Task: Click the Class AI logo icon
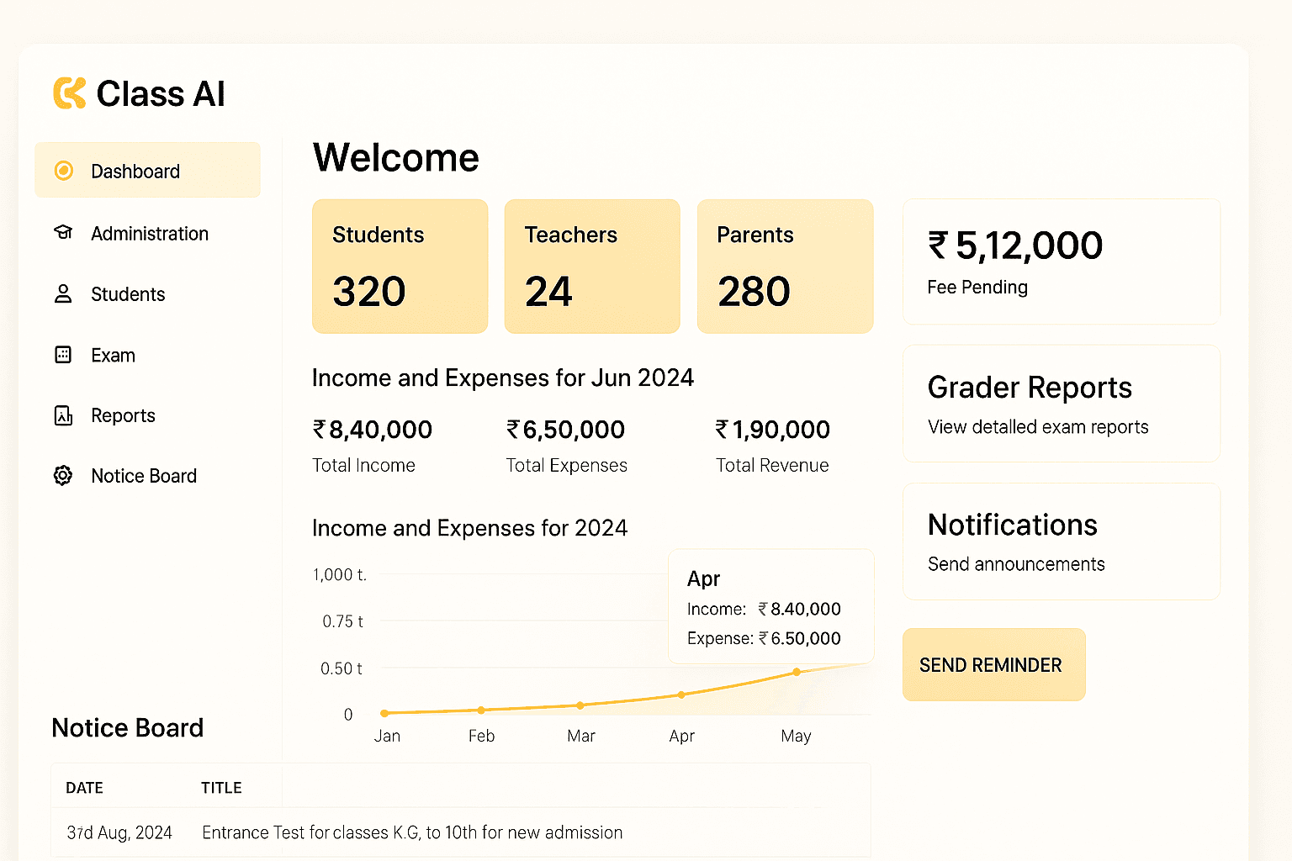pyautogui.click(x=70, y=92)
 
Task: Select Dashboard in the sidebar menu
pyautogui.click(x=135, y=172)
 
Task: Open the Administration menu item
pyautogui.click(x=150, y=234)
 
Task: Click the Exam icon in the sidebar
pyautogui.click(x=63, y=354)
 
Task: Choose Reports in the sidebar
pyautogui.click(x=123, y=415)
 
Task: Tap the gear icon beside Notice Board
pyautogui.click(x=63, y=475)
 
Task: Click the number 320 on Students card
pyautogui.click(x=369, y=291)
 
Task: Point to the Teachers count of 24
pyautogui.click(x=548, y=291)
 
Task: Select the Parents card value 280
pyautogui.click(x=754, y=291)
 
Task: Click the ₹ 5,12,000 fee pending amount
pyautogui.click(x=1015, y=245)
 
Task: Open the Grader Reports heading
pyautogui.click(x=1030, y=387)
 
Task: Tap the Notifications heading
pyautogui.click(x=1012, y=525)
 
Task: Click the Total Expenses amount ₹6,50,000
pyautogui.click(x=565, y=430)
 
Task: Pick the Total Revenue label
pyautogui.click(x=772, y=465)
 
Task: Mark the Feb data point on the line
pyautogui.click(x=481, y=710)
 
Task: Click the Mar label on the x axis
pyautogui.click(x=581, y=736)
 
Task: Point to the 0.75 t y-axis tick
pyautogui.click(x=342, y=621)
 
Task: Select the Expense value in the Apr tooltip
pyautogui.click(x=799, y=638)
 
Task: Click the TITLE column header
pyautogui.click(x=221, y=788)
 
